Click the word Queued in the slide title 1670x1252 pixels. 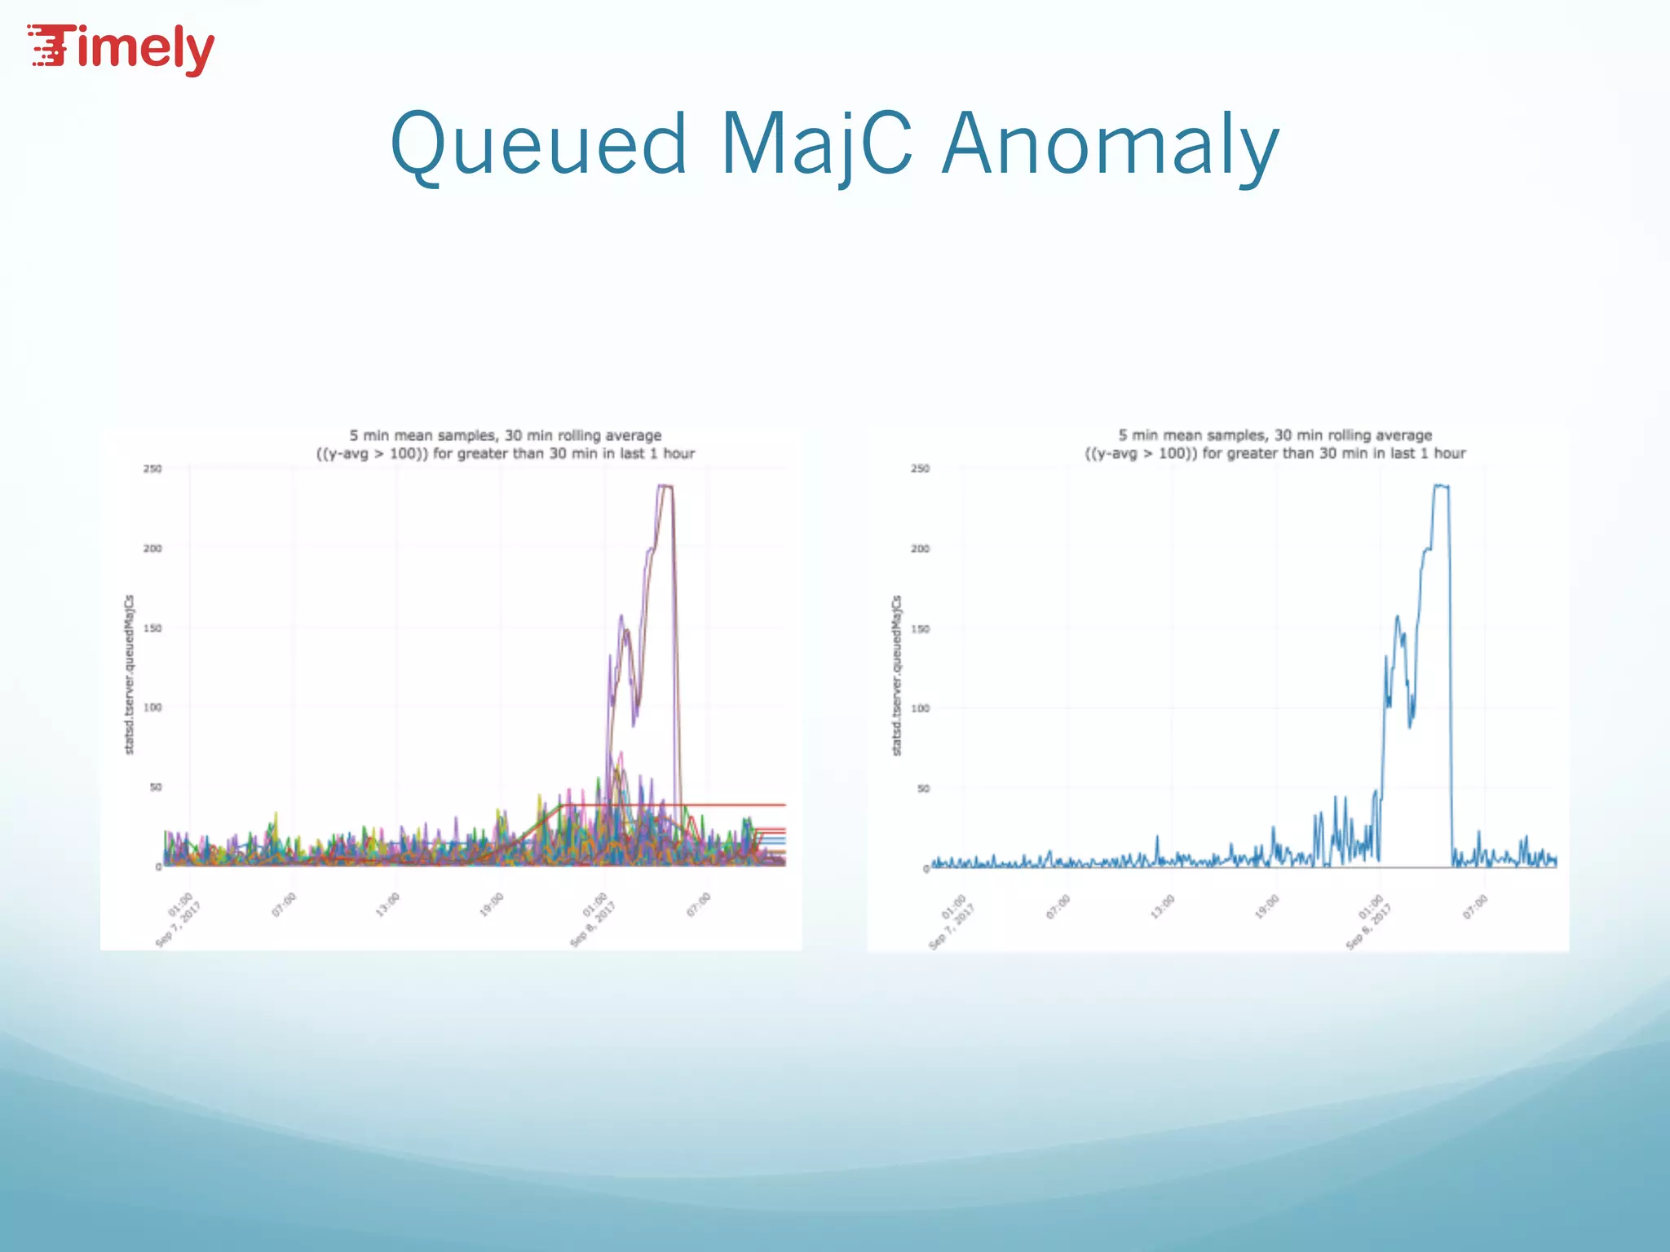539,144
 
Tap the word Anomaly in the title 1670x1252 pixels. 1111,144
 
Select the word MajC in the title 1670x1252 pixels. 816,144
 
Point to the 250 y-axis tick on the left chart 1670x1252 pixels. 152,469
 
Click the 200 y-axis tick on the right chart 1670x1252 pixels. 920,549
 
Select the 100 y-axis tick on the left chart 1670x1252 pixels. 152,708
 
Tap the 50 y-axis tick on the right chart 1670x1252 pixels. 923,788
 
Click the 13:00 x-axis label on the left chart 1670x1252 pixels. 387,905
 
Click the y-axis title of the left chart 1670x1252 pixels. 129,674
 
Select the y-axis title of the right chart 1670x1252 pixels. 897,675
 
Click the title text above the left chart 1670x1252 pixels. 506,444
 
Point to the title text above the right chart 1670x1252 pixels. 1275,444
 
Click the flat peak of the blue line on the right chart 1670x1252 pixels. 1441,487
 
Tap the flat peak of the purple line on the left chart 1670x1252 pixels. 665,487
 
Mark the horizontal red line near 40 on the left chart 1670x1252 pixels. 734,805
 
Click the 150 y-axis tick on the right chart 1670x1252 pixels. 920,628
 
